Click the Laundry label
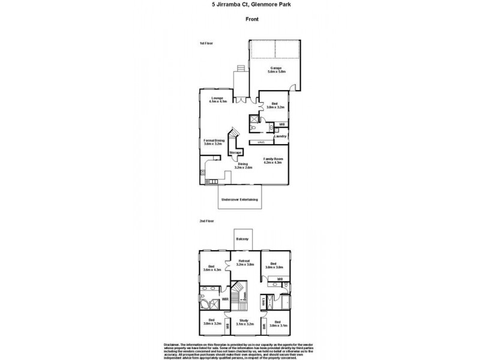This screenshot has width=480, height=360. pyautogui.click(x=279, y=136)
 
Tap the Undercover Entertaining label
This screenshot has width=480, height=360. pyautogui.click(x=239, y=199)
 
